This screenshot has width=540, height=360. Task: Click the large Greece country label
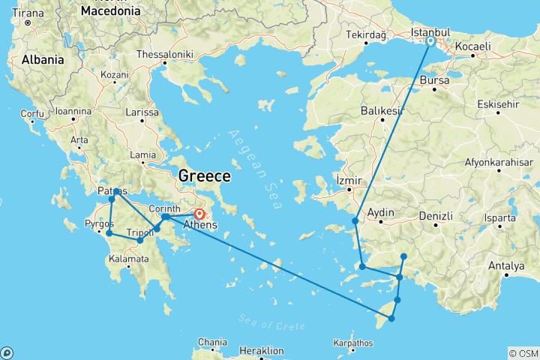click(203, 176)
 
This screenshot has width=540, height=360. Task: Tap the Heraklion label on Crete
click(262, 350)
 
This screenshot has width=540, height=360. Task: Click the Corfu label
click(33, 114)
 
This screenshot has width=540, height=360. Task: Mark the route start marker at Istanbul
click(430, 42)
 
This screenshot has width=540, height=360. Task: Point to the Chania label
click(211, 342)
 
